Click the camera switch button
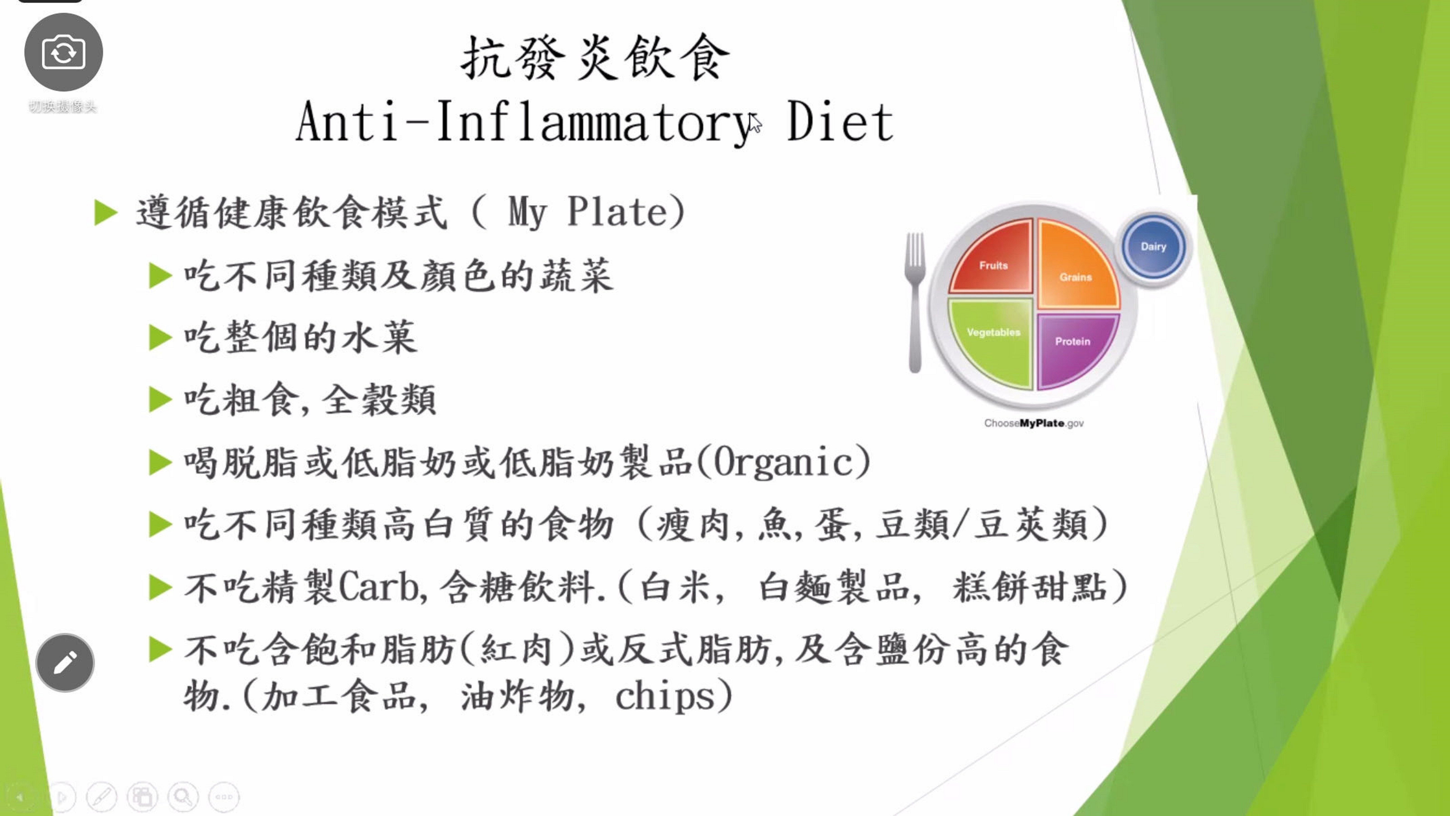point(63,52)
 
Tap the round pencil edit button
point(65,662)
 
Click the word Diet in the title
point(840,122)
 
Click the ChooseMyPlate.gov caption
point(1034,423)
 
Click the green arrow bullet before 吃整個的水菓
point(160,338)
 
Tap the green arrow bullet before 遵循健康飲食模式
point(106,213)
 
